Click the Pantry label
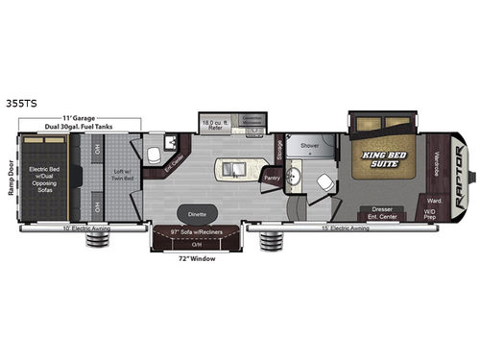pos(272,178)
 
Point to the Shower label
pos(309,146)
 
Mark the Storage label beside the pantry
pos(277,148)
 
